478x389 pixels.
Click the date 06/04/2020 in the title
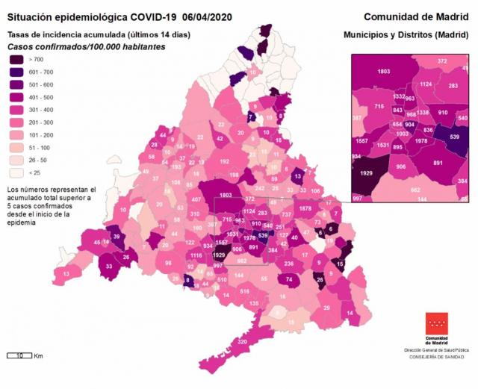coord(201,16)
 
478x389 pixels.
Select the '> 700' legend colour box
coord(17,58)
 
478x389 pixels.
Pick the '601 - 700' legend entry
coord(17,71)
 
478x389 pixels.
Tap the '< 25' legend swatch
coord(17,172)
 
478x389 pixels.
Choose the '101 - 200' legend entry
coord(17,134)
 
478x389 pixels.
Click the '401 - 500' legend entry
coord(17,96)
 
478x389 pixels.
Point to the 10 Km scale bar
coord(18,355)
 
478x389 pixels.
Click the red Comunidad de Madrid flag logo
coord(437,323)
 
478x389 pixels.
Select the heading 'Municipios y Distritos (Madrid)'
coord(406,34)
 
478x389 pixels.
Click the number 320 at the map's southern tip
coord(242,341)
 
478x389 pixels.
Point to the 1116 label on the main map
coord(196,255)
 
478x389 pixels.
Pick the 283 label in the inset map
coord(453,86)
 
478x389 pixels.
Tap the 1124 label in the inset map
coord(426,84)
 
